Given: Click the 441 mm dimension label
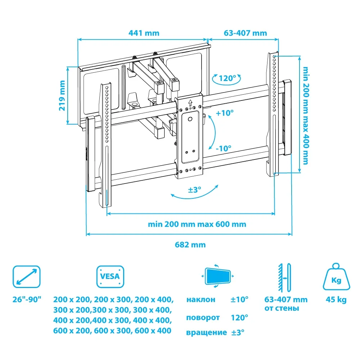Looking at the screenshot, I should pyautogui.click(x=144, y=33).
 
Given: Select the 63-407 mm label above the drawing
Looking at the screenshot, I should pyautogui.click(x=245, y=33).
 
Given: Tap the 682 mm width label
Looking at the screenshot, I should pyautogui.click(x=190, y=245).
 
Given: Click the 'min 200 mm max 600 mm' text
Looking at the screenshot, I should pyautogui.click(x=197, y=224).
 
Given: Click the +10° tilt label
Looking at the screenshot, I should pyautogui.click(x=225, y=113).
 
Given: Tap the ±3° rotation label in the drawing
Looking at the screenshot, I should pyautogui.click(x=194, y=190).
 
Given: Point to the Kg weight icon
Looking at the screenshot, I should pyautogui.click(x=336, y=278).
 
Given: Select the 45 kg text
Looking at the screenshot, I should pyautogui.click(x=336, y=300).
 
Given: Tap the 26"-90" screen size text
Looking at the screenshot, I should pyautogui.click(x=27, y=300).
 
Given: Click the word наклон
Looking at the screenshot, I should pyautogui.click(x=201, y=300).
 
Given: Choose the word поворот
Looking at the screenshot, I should pyautogui.click(x=203, y=318).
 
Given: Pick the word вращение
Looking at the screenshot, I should pyautogui.click(x=206, y=333).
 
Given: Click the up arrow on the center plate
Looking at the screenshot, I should pyautogui.click(x=190, y=102).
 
